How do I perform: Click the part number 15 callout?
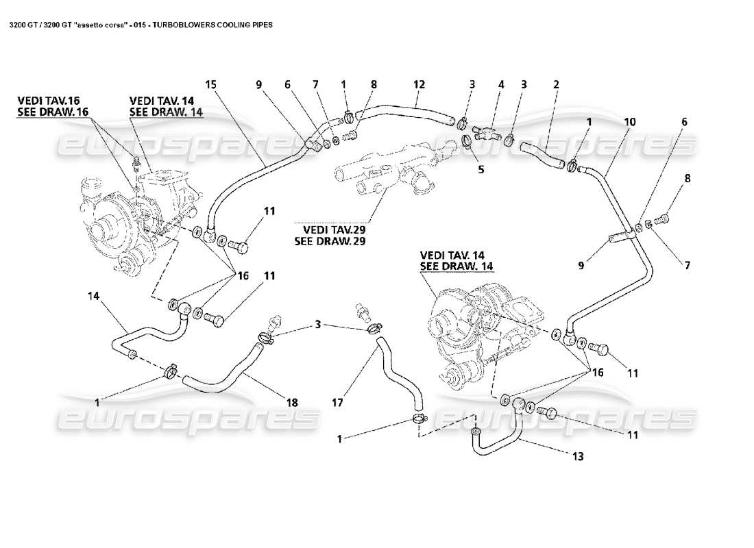pos(210,84)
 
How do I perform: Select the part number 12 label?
pos(419,84)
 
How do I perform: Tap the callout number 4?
pos(501,84)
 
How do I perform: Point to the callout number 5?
pos(481,169)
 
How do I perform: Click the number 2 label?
pos(557,84)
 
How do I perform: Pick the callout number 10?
pos(629,121)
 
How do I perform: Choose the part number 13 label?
pos(578,456)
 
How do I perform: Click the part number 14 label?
pos(94,296)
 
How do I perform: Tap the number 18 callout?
pos(292,403)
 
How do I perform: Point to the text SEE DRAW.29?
pos(324,241)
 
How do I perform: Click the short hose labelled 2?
pos(542,153)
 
